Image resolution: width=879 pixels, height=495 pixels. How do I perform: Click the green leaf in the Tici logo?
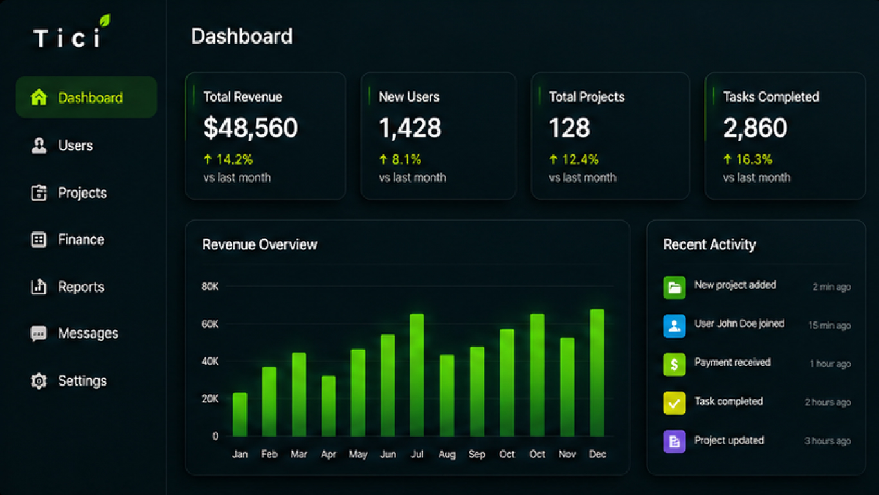[104, 21]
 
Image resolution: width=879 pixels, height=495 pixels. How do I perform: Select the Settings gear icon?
[39, 381]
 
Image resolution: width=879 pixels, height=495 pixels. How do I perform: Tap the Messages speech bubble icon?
[39, 334]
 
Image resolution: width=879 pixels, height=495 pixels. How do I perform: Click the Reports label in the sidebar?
[81, 287]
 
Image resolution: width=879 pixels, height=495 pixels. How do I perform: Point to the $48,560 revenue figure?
[251, 128]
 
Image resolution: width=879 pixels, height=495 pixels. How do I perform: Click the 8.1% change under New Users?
[406, 159]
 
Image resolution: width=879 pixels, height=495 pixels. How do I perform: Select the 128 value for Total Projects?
[569, 128]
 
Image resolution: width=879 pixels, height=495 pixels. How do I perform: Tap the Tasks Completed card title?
[771, 97]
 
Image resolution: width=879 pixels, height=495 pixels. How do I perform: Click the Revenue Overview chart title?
[260, 244]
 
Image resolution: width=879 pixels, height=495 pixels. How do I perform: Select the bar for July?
[417, 375]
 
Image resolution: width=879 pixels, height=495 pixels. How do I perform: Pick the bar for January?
[240, 414]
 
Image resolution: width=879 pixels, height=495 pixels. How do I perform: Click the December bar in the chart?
[597, 372]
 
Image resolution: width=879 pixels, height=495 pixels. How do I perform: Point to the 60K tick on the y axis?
[210, 324]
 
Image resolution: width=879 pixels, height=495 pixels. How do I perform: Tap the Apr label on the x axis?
[329, 455]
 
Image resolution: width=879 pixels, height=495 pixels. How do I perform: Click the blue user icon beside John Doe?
[674, 326]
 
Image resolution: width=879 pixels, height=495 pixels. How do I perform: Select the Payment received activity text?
[732, 363]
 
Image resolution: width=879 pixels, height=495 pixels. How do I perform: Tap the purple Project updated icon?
[674, 442]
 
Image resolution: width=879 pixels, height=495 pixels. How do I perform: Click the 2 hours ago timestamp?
[828, 402]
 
